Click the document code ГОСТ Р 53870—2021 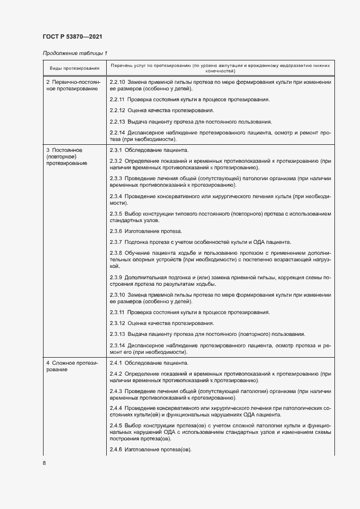(x=72, y=37)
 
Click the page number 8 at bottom (x=44, y=463)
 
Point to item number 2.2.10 (x=118, y=82)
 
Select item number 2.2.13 (x=117, y=121)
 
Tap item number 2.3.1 (x=115, y=149)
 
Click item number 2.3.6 (x=115, y=231)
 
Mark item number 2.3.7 (x=115, y=242)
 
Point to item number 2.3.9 (x=115, y=277)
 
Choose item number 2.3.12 (x=117, y=323)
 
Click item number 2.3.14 (x=117, y=345)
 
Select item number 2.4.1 (x=115, y=362)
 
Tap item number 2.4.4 (x=115, y=408)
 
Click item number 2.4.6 (x=115, y=450)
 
